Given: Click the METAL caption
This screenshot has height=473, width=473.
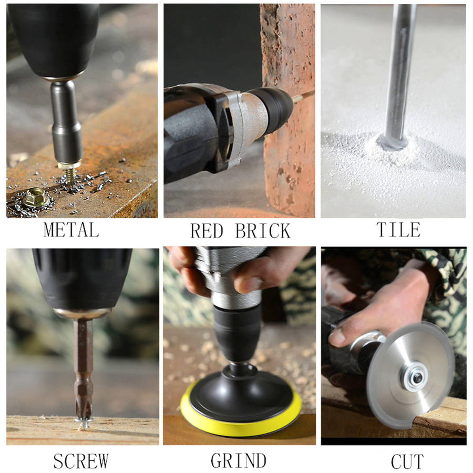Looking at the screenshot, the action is (71, 230).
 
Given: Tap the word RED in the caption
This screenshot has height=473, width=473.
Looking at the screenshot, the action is (207, 231).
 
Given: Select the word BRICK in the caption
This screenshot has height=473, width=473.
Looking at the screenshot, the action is (263, 231).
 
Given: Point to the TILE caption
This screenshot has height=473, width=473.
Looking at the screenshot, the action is (398, 230).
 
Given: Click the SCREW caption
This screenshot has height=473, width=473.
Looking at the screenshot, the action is (81, 460).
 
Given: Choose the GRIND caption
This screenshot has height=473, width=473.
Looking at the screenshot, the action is (238, 460).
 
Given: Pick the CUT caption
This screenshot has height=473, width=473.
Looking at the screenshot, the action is (407, 461).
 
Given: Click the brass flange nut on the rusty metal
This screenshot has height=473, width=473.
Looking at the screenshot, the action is (35, 197).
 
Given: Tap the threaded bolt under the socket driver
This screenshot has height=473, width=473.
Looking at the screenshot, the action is (70, 176).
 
